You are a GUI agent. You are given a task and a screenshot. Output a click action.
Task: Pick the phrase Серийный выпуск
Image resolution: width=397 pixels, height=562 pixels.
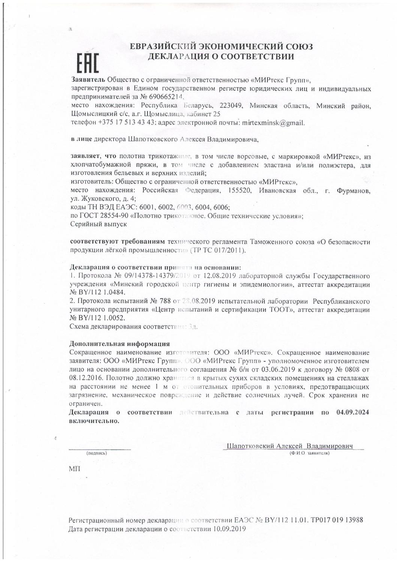pyautogui.click(x=99, y=224)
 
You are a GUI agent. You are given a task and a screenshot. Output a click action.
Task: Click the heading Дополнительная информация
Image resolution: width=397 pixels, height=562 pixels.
pyautogui.click(x=120, y=344)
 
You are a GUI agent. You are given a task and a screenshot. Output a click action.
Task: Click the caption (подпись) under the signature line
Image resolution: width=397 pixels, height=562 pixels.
pyautogui.click(x=97, y=453)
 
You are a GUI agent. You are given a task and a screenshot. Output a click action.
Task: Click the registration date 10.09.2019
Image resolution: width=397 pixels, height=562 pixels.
pyautogui.click(x=229, y=529)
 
